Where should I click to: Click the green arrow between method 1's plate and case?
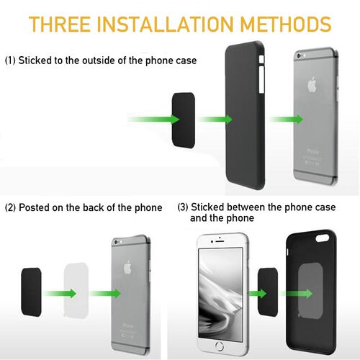coord(150,117)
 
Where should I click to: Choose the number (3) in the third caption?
coord(183,208)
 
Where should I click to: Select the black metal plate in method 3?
coord(266,292)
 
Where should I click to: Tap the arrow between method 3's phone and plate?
coord(247,293)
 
